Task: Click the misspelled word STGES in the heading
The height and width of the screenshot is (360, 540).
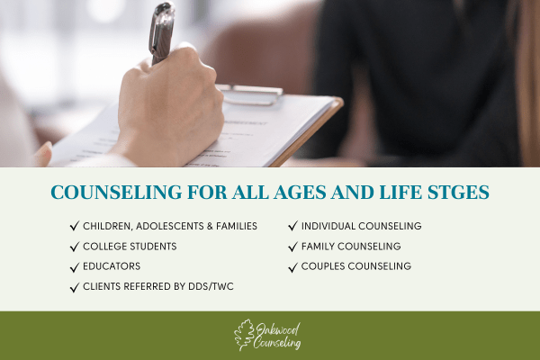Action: [458, 193]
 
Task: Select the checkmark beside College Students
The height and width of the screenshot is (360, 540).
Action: [75, 247]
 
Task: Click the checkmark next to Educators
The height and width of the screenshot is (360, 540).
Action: [75, 267]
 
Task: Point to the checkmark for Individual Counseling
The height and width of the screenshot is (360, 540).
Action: [293, 226]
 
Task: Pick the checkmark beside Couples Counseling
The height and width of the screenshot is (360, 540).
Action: [293, 267]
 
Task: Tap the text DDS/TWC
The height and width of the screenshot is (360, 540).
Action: [211, 286]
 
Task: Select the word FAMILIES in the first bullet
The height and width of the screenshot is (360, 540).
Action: [237, 226]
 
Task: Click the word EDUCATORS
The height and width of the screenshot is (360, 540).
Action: [112, 266]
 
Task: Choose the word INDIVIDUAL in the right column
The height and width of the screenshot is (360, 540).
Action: [328, 226]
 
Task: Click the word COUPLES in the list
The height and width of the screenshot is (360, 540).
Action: [323, 266]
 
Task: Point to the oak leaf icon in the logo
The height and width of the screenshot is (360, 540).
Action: [244, 335]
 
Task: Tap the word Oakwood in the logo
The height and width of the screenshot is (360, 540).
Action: [278, 330]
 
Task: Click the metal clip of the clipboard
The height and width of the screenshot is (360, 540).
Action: [249, 94]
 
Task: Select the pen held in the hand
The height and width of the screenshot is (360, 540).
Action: [161, 33]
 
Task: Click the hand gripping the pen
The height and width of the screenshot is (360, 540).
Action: [169, 107]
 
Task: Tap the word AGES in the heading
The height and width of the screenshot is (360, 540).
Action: [300, 193]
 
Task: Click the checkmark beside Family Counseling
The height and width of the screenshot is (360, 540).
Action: [293, 247]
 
